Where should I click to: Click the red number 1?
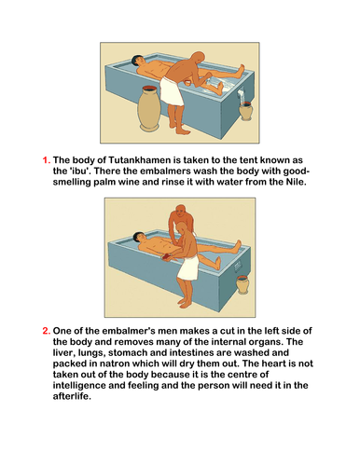[x=46, y=160]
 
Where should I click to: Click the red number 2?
[x=46, y=331]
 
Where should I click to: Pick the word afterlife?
[x=72, y=396]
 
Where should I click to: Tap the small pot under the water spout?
[x=245, y=111]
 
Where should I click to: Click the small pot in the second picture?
[x=242, y=284]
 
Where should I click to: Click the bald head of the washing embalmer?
[x=197, y=59]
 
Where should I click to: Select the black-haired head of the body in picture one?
[x=137, y=60]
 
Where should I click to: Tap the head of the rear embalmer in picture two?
[x=180, y=212]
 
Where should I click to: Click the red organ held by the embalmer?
[x=167, y=256]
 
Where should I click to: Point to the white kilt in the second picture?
[x=188, y=267]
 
